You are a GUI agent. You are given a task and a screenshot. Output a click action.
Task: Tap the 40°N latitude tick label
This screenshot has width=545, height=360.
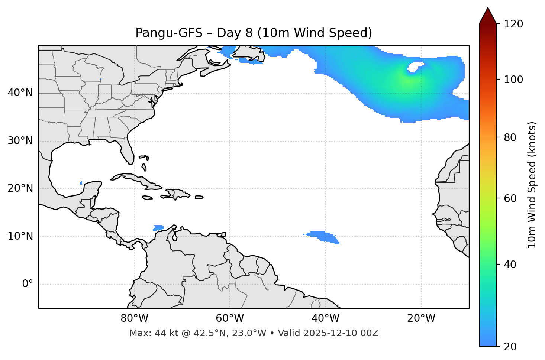20,93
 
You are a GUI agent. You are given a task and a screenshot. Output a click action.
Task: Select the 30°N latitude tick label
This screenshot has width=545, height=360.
20,141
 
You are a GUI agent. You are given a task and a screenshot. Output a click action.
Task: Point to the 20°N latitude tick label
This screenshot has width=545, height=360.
20,188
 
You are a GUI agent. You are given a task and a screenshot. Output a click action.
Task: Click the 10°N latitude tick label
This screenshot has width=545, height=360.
20,236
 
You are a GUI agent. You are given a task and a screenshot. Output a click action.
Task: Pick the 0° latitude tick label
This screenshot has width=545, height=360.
27,284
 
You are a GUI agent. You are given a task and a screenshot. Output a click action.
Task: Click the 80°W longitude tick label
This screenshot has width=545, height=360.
134,318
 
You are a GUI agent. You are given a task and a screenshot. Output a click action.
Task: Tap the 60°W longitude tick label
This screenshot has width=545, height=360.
230,318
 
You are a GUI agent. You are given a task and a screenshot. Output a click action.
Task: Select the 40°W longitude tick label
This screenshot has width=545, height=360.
325,318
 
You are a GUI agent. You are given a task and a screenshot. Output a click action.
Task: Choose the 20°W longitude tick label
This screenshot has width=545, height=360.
421,318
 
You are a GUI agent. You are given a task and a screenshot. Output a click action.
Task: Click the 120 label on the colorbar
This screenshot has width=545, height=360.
513,24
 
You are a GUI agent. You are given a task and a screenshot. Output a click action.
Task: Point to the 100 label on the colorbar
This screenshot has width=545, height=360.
513,80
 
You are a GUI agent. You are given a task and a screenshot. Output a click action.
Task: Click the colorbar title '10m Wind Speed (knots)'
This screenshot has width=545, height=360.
532,185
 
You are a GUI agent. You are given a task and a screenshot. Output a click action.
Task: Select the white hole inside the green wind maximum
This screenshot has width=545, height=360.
415,67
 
